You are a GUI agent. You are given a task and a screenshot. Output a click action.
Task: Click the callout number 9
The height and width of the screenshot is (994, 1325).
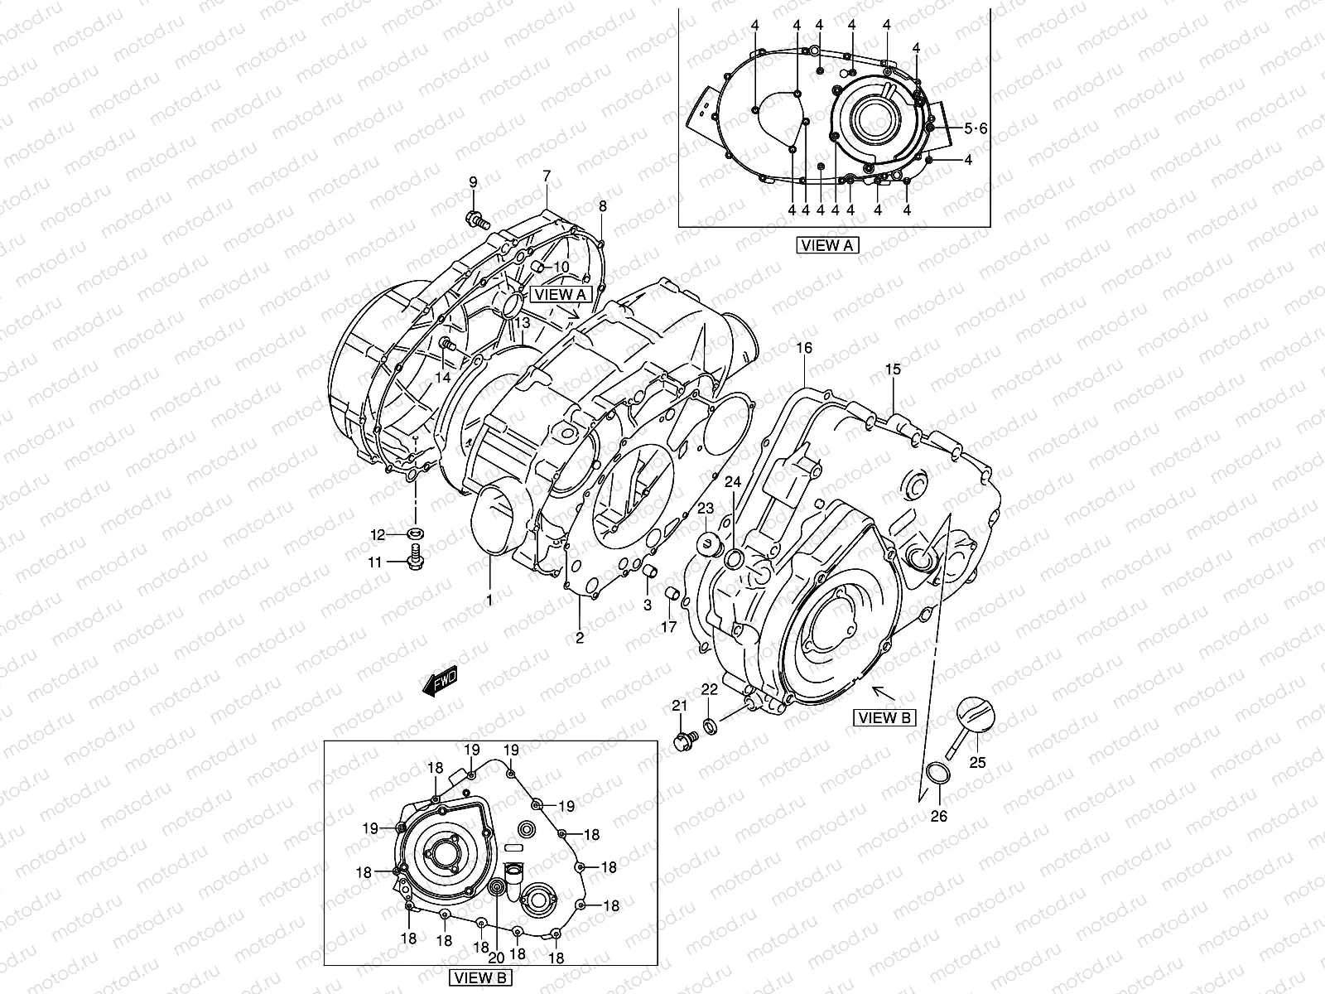(x=474, y=181)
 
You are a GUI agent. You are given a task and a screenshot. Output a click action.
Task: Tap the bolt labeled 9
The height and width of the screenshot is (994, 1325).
(x=476, y=220)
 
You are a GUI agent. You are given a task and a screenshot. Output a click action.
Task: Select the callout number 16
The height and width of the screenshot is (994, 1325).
(x=804, y=349)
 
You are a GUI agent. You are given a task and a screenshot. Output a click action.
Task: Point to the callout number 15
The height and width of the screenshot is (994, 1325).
(x=892, y=369)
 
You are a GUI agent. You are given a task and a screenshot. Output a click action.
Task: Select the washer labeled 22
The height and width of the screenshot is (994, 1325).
(x=711, y=726)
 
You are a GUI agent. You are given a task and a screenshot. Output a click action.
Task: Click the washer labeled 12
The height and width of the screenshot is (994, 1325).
(x=415, y=532)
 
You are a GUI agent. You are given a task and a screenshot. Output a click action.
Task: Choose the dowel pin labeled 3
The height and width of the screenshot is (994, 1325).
(x=651, y=572)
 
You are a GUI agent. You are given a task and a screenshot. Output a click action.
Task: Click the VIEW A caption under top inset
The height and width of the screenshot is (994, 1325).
(x=828, y=245)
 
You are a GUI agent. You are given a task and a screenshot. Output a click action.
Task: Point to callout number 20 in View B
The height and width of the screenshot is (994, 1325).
(x=496, y=958)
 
